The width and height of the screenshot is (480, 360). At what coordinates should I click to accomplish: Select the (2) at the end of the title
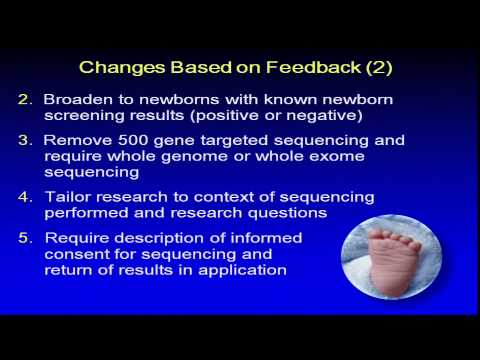pyautogui.click(x=375, y=68)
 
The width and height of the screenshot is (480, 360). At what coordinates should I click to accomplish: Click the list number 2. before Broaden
pyautogui.click(x=26, y=100)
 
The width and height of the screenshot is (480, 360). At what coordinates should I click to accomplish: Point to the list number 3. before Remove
pyautogui.click(x=26, y=141)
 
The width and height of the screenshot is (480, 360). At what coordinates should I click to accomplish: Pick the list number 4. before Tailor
pyautogui.click(x=26, y=197)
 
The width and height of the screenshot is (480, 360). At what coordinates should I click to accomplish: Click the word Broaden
pyautogui.click(x=77, y=100)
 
